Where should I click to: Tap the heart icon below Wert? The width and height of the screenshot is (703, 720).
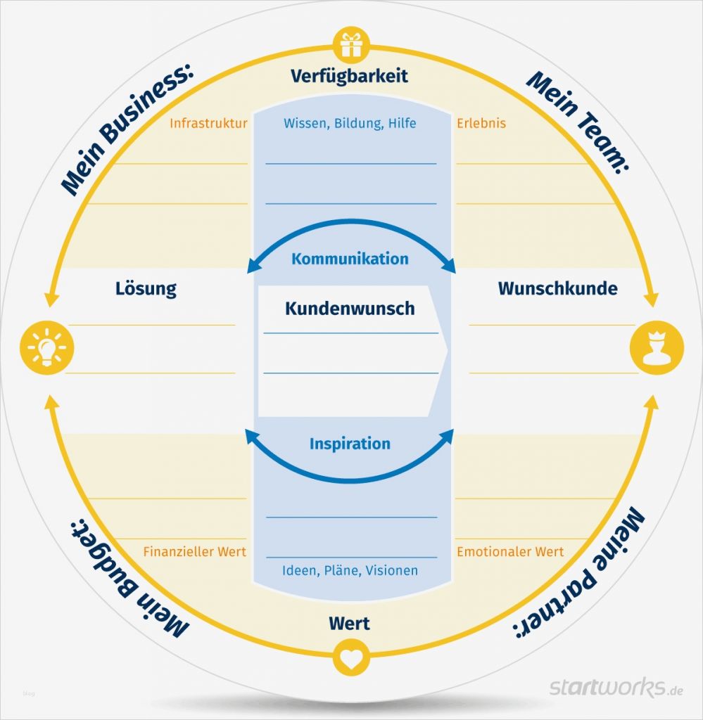click(x=350, y=657)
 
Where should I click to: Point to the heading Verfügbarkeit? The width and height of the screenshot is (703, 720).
click(x=350, y=76)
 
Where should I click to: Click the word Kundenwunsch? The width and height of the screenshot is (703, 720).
click(x=350, y=308)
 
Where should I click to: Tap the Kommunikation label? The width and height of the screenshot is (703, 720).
click(x=350, y=259)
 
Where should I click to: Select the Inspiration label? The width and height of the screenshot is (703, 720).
click(x=350, y=444)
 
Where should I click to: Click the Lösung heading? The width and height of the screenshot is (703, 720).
click(x=146, y=288)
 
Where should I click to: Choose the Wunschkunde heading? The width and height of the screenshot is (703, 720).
click(x=557, y=288)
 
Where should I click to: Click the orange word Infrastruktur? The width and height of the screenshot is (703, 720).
click(x=208, y=124)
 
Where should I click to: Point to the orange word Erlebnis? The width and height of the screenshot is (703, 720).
click(x=481, y=124)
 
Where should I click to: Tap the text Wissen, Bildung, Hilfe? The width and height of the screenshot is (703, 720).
click(x=350, y=124)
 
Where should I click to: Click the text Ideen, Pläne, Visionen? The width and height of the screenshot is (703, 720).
click(x=350, y=570)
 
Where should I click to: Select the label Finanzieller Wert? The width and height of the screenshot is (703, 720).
click(x=195, y=552)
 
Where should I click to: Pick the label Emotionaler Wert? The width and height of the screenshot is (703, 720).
click(x=510, y=552)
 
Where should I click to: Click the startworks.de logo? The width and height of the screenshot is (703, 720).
click(x=616, y=687)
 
